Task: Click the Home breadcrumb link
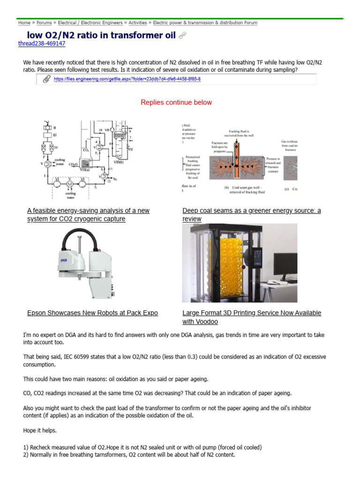[x=24, y=22]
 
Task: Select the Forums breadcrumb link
[x=44, y=22]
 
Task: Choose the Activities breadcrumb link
[x=137, y=22]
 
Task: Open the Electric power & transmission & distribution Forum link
[x=205, y=22]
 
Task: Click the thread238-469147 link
[x=41, y=44]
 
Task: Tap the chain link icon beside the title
[x=183, y=36]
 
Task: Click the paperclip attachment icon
[x=46, y=79]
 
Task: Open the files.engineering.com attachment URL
[x=127, y=79]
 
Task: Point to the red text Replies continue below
[x=176, y=102]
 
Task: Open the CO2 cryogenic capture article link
[x=88, y=215]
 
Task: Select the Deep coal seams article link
[x=251, y=215]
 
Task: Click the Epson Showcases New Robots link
[x=92, y=313]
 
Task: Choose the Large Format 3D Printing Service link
[x=251, y=317]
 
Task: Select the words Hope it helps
[x=40, y=429]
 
